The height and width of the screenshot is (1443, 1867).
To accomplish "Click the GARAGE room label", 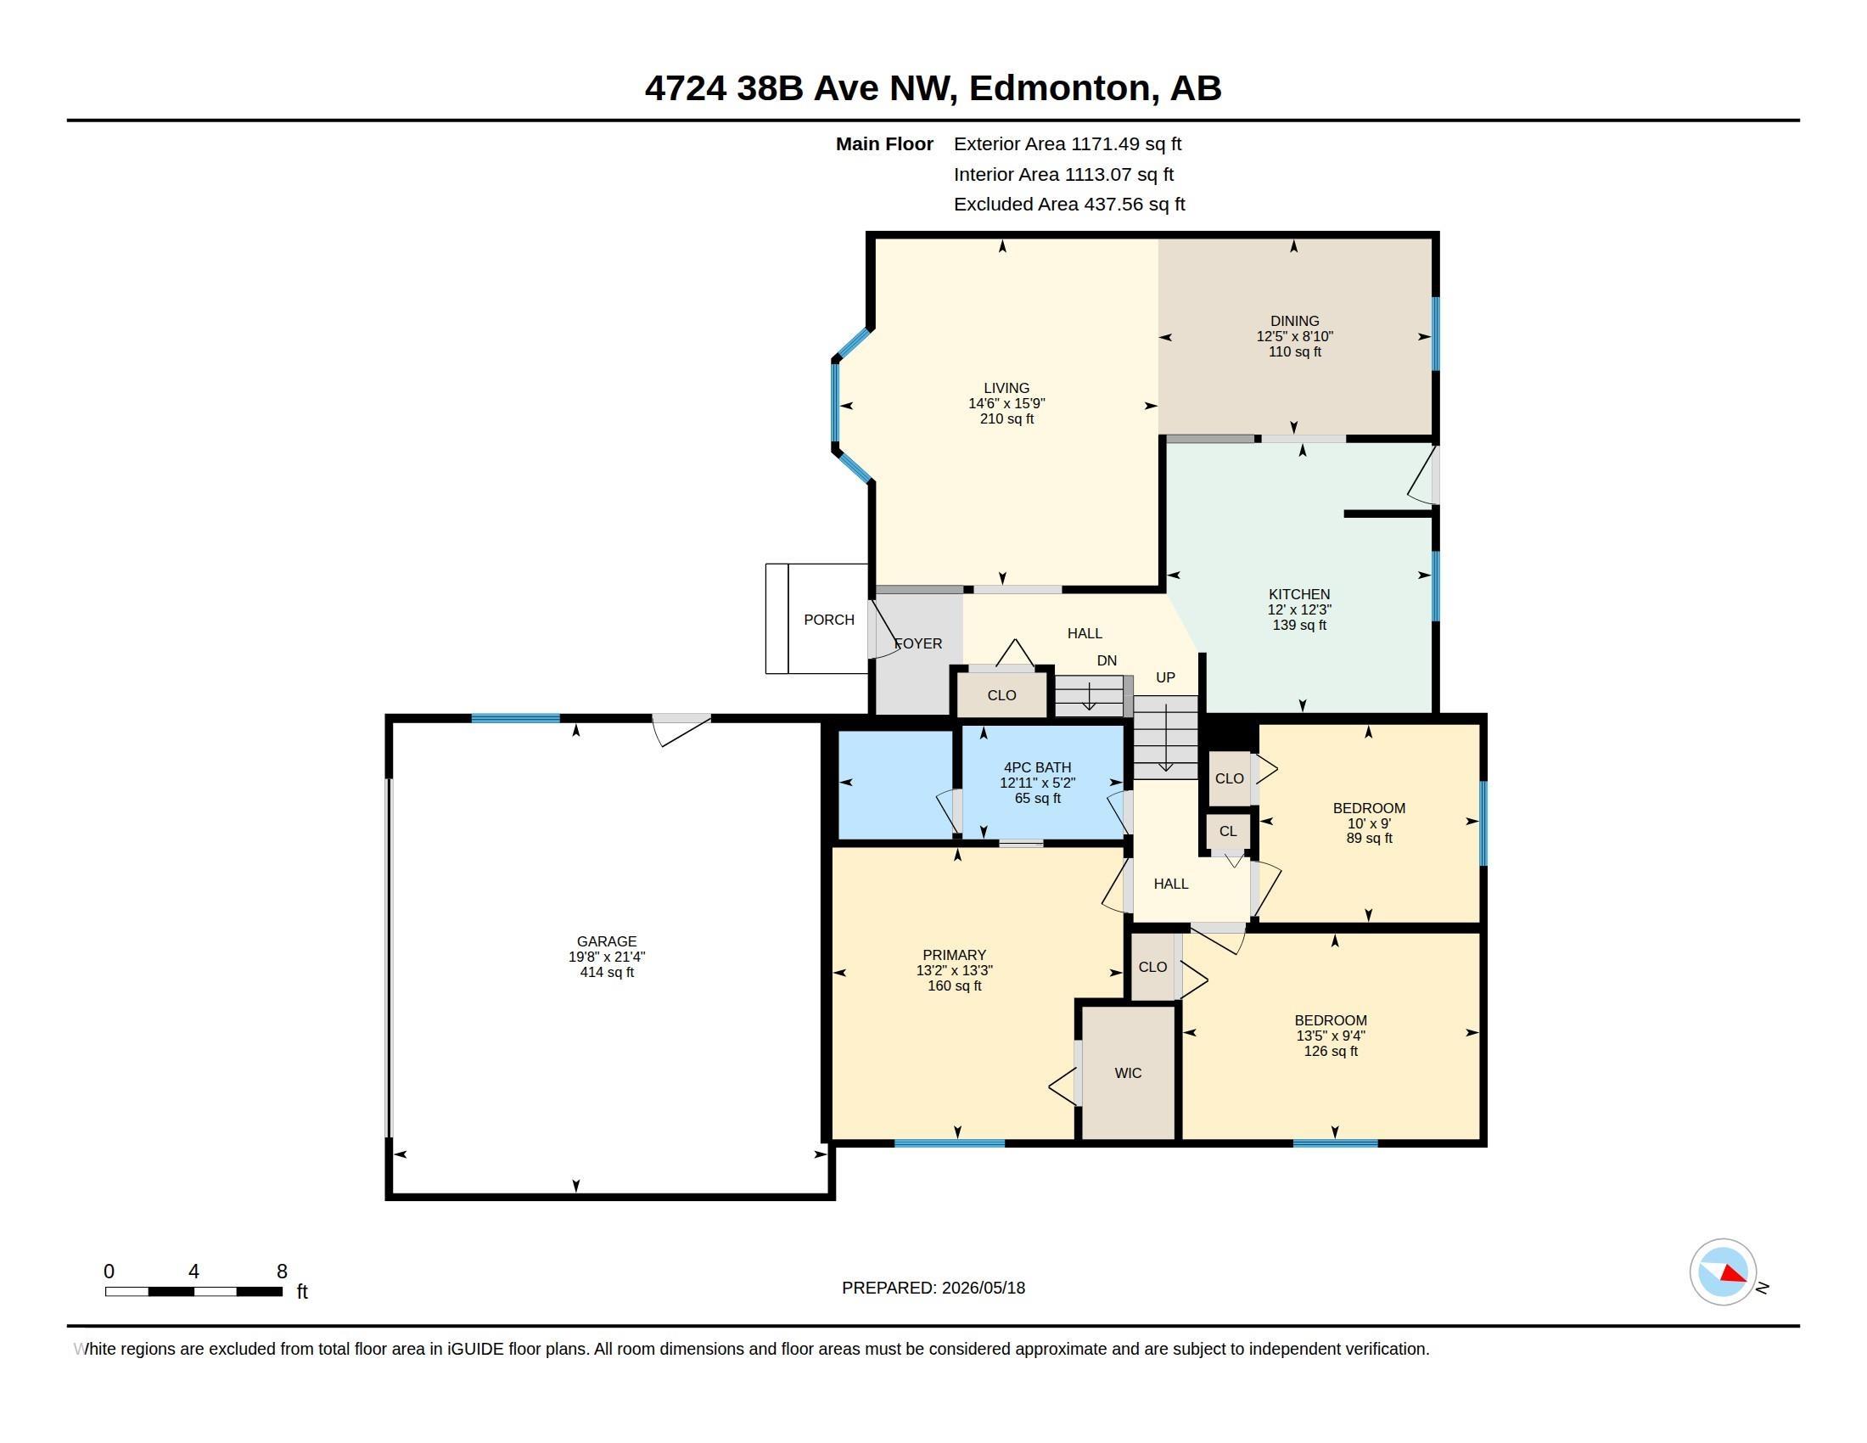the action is [606, 941].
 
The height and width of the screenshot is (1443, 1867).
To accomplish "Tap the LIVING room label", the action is [1006, 388].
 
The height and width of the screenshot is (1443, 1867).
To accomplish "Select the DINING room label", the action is [1294, 322].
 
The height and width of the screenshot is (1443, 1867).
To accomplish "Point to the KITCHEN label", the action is [1298, 594].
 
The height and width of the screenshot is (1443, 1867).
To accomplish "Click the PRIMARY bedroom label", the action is [954, 955].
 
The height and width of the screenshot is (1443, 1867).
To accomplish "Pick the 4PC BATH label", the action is [1037, 767].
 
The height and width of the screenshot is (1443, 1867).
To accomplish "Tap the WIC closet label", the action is [1128, 1073].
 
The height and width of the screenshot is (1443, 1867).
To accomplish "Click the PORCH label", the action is [828, 620].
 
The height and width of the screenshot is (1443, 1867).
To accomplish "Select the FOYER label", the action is [918, 643].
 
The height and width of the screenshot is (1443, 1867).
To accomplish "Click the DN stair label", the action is [1106, 660].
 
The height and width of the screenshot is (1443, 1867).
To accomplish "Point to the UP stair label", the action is [1165, 678].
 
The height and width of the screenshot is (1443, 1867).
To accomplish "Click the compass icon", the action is [1723, 1272].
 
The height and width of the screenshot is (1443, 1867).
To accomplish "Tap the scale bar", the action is [194, 1291].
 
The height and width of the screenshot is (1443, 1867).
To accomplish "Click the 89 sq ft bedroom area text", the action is [1369, 839].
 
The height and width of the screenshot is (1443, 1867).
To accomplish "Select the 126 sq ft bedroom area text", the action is [1330, 1052].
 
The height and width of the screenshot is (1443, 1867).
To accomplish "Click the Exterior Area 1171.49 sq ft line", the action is [1067, 144].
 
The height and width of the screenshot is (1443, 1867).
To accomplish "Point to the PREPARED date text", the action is [933, 1288].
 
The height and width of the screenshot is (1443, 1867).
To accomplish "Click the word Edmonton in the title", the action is [1060, 88].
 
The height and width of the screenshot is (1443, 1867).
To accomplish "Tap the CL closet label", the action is [1228, 831].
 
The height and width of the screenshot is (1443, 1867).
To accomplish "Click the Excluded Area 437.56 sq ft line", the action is [1069, 205].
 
